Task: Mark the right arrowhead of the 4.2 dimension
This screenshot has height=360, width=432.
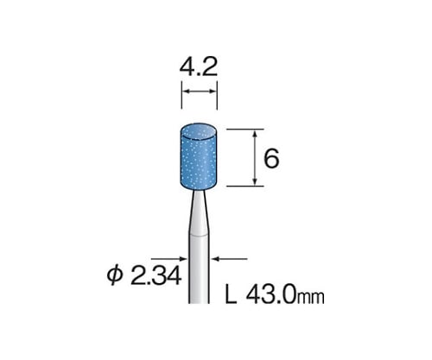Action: coord(213,91)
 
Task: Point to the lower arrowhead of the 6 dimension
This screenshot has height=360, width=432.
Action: coord(256,182)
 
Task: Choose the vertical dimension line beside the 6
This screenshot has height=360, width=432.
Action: coord(256,158)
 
